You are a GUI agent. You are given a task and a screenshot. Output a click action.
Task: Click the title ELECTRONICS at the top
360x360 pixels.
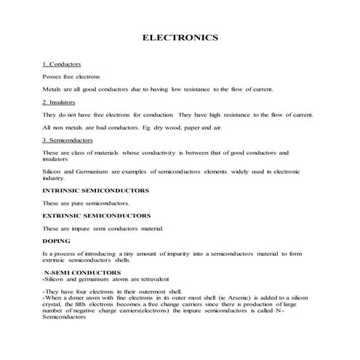coord(180,37)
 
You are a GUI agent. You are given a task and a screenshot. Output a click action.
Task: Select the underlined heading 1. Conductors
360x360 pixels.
coord(62,65)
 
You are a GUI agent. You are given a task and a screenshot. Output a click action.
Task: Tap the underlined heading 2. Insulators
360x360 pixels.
coord(61,103)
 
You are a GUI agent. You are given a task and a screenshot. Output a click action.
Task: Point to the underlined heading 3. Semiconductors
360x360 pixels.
coord(67,140)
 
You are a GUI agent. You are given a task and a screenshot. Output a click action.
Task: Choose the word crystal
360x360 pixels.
coord(54,304)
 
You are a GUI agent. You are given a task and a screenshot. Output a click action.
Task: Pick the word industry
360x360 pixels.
coord(55,177)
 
